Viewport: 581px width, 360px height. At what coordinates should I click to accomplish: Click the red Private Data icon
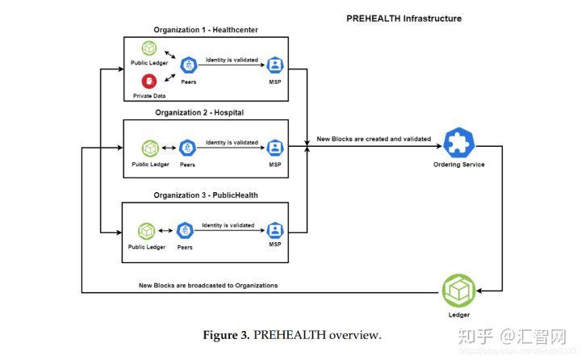coord(148,81)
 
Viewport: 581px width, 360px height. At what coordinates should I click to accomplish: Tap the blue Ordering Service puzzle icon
coord(459,143)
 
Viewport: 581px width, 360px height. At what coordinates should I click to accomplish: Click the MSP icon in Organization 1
coord(275,65)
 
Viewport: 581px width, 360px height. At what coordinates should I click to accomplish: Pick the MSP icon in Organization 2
coord(275,148)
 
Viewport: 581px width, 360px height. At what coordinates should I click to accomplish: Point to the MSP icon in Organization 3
coord(275,229)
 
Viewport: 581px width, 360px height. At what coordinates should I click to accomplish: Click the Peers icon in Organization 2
coord(187,148)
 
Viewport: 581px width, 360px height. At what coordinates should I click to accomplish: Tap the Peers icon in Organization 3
coord(185,230)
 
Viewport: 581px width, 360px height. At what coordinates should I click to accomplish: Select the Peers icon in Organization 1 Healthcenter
coord(189,65)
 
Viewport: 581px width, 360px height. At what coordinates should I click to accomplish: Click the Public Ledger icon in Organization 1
coord(148,48)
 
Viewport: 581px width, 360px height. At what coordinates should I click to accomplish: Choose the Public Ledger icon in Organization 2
coord(149,148)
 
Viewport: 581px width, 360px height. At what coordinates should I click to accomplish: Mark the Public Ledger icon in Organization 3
coord(146,231)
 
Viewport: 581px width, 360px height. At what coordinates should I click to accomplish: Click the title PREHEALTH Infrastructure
coord(403,19)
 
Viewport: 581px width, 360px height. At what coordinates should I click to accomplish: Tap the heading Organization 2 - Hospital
coord(199,112)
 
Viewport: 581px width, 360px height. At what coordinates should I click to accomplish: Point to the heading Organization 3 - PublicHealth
coord(205,195)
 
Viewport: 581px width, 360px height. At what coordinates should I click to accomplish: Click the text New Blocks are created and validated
coord(374,139)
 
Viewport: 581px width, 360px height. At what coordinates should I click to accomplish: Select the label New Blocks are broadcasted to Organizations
coord(208,285)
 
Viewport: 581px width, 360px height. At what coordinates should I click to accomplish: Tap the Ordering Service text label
coord(459,165)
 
